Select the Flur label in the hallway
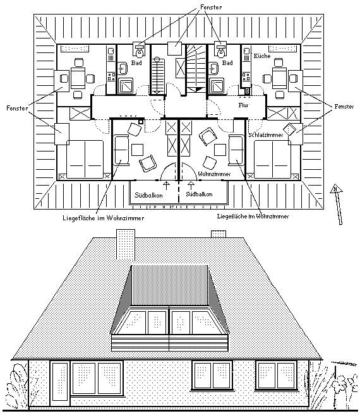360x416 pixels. click(x=243, y=106)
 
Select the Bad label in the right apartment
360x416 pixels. click(x=228, y=63)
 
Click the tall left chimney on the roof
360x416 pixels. click(x=125, y=246)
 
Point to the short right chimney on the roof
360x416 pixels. click(x=219, y=234)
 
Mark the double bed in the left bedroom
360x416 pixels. click(x=85, y=158)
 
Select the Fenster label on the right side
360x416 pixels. click(x=345, y=107)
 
